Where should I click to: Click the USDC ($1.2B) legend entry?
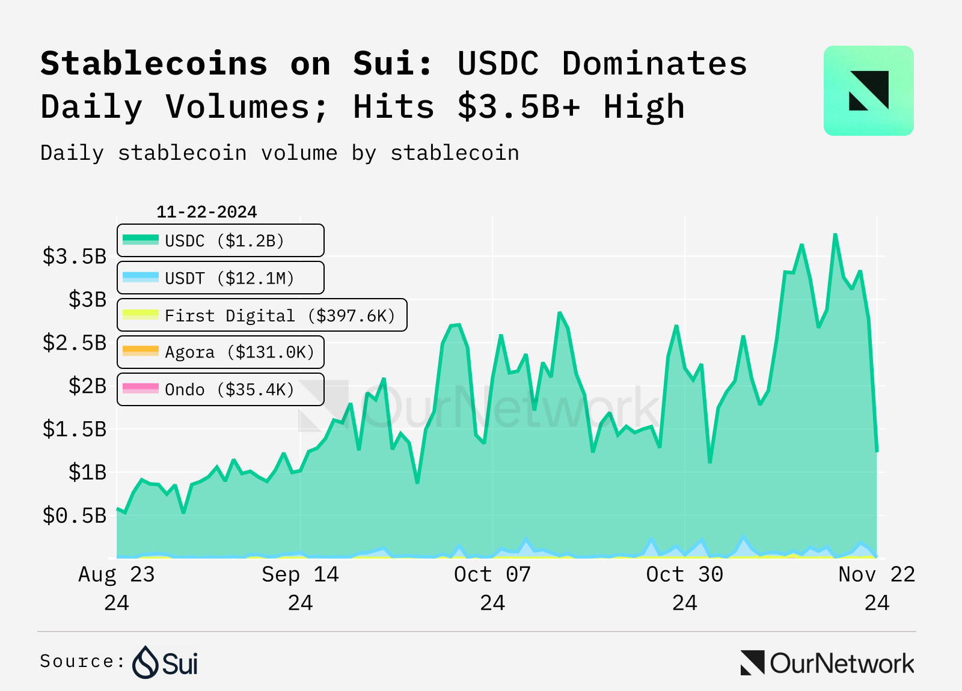point(220,241)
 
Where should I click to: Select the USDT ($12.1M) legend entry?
point(220,278)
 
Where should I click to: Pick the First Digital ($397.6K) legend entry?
point(262,315)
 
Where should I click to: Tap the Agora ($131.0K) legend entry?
point(220,352)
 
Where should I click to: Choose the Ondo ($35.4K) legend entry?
point(220,389)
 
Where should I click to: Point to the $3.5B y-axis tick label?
point(74,257)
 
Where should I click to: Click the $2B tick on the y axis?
point(87,386)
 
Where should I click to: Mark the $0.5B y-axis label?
point(74,516)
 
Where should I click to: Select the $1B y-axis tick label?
point(87,472)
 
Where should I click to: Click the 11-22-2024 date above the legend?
point(206,212)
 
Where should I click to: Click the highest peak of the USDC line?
point(835,234)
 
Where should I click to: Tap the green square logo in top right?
point(868,91)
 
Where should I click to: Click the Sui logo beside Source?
point(165,662)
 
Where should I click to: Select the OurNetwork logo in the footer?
point(827,663)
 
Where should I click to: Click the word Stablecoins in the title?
point(154,64)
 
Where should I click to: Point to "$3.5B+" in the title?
point(519,107)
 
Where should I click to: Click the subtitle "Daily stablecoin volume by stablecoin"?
point(280,153)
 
